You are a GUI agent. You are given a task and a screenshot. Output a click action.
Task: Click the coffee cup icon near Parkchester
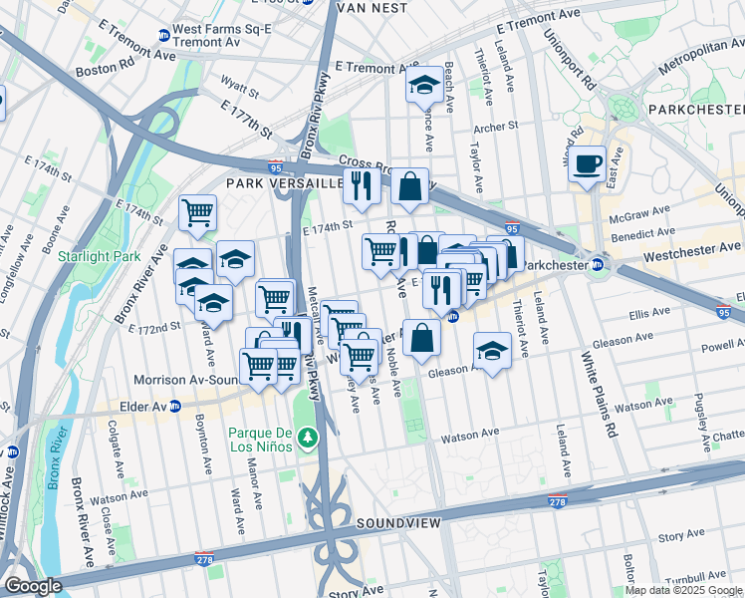click(588, 162)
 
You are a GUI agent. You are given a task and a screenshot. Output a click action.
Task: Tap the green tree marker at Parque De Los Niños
click(310, 438)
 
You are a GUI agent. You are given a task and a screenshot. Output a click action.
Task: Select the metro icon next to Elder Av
click(175, 406)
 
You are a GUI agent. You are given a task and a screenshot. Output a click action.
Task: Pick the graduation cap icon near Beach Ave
click(424, 86)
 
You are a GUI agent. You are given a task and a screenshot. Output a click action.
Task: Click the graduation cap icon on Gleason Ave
click(491, 351)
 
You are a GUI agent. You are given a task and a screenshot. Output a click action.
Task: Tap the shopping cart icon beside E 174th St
click(197, 212)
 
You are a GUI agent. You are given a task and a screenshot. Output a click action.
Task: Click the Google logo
click(33, 586)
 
